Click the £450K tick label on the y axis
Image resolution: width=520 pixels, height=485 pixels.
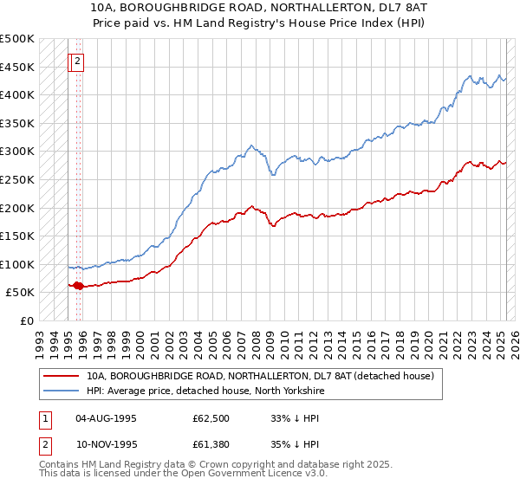tap(17, 67)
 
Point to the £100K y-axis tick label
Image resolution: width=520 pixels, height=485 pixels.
tap(17, 264)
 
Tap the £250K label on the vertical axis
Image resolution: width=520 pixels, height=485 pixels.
tap(17, 179)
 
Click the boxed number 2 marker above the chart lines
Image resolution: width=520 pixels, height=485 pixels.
tap(77, 61)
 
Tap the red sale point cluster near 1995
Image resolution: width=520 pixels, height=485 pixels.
tap(77, 285)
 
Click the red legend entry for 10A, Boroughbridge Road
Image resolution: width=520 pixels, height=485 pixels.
tap(265, 375)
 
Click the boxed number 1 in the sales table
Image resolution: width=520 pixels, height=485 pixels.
tap(44, 417)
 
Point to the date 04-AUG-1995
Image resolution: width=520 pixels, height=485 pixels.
tap(106, 417)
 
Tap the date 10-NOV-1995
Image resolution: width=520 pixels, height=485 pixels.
tap(106, 444)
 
